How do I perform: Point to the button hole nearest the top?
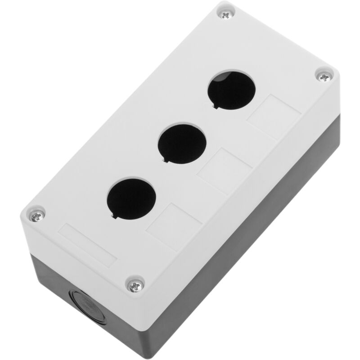(x=231, y=89)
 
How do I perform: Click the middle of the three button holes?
(x=182, y=143)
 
